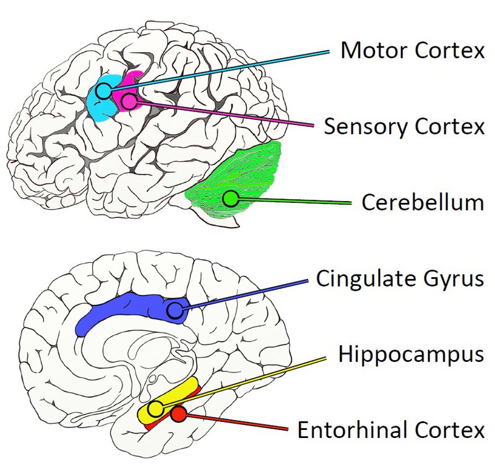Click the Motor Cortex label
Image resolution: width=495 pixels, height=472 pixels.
(412, 51)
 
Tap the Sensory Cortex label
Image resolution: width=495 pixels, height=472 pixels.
(404, 126)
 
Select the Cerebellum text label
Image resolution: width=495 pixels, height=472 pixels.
(422, 202)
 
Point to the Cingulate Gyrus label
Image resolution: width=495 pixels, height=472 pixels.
(399, 279)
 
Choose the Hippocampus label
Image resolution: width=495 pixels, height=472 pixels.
(411, 354)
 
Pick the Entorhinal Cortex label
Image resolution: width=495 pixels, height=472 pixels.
(390, 430)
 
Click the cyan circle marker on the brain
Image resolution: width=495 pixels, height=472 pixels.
(103, 92)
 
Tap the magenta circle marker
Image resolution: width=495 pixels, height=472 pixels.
(129, 101)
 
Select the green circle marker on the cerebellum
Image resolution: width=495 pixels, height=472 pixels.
(231, 199)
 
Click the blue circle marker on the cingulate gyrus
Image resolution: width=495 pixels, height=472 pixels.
(176, 309)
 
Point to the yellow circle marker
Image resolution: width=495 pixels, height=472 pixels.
(156, 408)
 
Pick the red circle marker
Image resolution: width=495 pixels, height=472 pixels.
(179, 414)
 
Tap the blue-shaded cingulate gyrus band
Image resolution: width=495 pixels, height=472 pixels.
(118, 309)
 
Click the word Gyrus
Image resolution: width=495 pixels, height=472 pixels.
(457, 279)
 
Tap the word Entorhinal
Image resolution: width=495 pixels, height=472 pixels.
(351, 430)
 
